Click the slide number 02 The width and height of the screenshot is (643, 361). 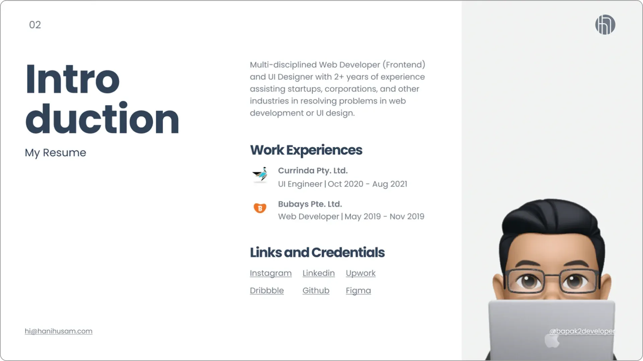pos(35,25)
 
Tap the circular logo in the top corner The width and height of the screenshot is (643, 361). pos(605,25)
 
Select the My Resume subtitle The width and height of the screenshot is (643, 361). pos(55,152)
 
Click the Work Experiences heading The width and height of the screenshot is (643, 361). pos(306,150)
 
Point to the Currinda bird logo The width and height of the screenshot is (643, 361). pos(260,174)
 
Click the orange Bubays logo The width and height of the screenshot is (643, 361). pos(260,208)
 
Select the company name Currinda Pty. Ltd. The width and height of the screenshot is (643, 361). pos(313,170)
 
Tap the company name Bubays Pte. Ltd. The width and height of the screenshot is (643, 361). pos(310,204)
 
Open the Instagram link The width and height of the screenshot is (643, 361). pos(271,273)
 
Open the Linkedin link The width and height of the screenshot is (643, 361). pos(318,273)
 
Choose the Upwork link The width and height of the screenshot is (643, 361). pos(360,273)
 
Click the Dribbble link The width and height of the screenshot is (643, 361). pos(267,290)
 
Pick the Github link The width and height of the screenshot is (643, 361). pos(316,290)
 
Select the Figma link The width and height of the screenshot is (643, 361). pos(358,290)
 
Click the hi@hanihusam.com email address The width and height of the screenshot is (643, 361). pos(59,331)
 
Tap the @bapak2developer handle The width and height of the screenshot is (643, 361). pos(582,331)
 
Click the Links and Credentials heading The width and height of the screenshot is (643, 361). pos(317,252)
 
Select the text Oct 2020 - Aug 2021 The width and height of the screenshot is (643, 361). pos(367,184)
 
